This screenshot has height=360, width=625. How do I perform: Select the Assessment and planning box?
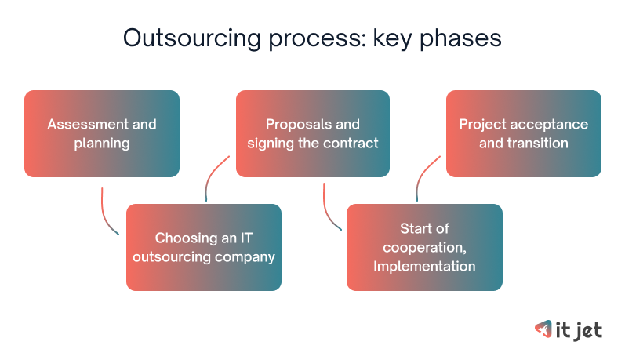click(x=102, y=133)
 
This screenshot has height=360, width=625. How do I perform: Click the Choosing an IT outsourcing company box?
click(x=204, y=247)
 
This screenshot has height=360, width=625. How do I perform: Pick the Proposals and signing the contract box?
click(x=313, y=133)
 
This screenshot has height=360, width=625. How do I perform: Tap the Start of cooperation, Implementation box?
click(x=424, y=247)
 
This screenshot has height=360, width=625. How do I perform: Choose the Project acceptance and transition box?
click(x=523, y=133)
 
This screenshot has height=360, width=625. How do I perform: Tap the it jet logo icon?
click(x=542, y=330)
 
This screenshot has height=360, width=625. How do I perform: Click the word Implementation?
click(x=424, y=266)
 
